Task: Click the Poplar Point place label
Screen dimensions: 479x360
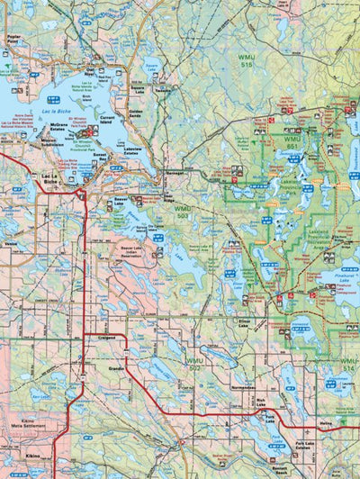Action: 13,39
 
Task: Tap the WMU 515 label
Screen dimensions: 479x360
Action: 246,61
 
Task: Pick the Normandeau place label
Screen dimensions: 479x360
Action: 244,386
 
